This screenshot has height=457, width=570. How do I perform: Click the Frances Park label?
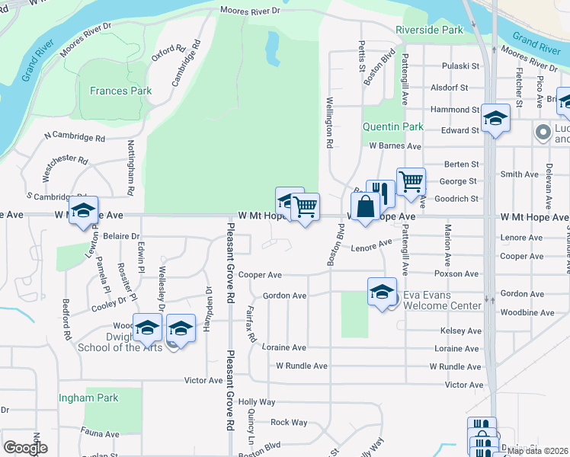(120, 91)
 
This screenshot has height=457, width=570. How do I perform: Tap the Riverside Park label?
(429, 30)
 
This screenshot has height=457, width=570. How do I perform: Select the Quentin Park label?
(392, 126)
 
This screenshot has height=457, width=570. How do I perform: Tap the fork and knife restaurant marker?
(381, 193)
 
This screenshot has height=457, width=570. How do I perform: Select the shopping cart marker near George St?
(411, 181)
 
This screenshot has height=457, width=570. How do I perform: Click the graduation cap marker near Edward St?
(495, 118)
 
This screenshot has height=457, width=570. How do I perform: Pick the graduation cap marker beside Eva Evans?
(382, 292)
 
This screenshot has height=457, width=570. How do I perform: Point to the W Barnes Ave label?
(395, 145)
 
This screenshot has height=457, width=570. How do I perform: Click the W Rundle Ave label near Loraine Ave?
(301, 366)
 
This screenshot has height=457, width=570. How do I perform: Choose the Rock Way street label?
(289, 422)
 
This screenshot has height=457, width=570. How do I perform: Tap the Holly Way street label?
(256, 401)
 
